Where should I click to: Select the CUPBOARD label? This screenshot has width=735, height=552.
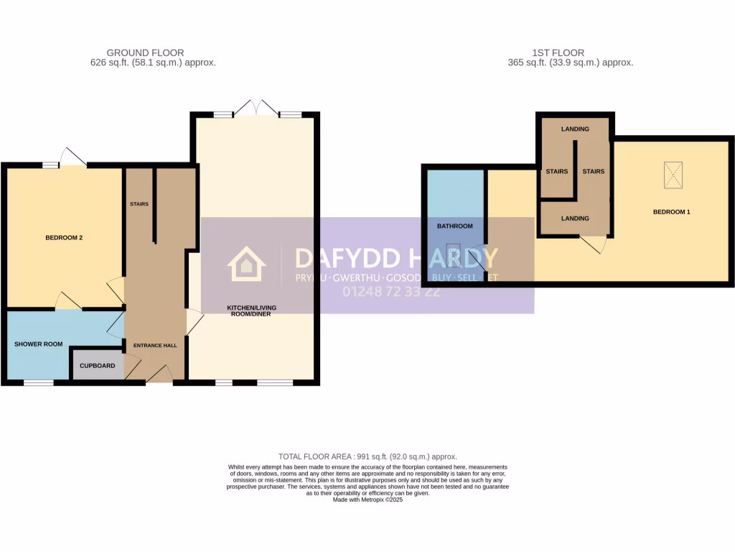point(97,366)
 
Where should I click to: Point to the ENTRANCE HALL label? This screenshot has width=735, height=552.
point(155,346)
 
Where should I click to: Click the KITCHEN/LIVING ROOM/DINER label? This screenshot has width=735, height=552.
point(251,310)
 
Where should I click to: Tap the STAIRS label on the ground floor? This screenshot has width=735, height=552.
point(139,204)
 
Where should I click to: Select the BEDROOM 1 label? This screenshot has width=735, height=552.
point(671,212)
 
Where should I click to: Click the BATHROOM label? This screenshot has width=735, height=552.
point(455,226)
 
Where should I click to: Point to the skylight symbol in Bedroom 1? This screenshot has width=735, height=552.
point(673,175)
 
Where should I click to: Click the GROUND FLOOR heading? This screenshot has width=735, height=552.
point(145,52)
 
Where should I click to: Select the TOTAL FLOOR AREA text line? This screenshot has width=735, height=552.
point(367,456)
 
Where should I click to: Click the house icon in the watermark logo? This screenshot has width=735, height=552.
point(246,264)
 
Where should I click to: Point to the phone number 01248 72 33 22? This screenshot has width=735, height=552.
point(392,292)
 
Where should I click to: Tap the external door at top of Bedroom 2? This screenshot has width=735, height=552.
point(73,157)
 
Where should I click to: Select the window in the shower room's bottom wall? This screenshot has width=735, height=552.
point(39,382)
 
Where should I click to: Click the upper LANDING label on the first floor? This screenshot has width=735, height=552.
point(575,129)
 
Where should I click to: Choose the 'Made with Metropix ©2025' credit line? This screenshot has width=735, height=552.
point(367,500)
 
